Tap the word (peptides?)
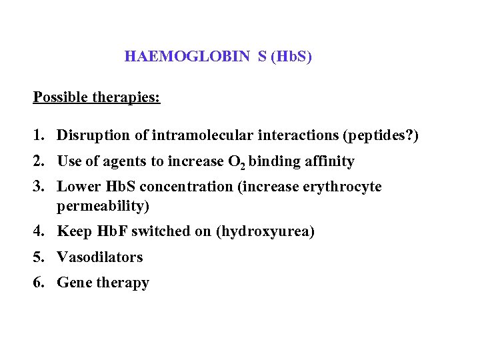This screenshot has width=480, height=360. [380, 136]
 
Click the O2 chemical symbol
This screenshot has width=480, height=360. [236, 162]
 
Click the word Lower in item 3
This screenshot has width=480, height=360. [77, 187]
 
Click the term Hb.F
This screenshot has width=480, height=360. [114, 232]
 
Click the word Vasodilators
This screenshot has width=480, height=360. [100, 257]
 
